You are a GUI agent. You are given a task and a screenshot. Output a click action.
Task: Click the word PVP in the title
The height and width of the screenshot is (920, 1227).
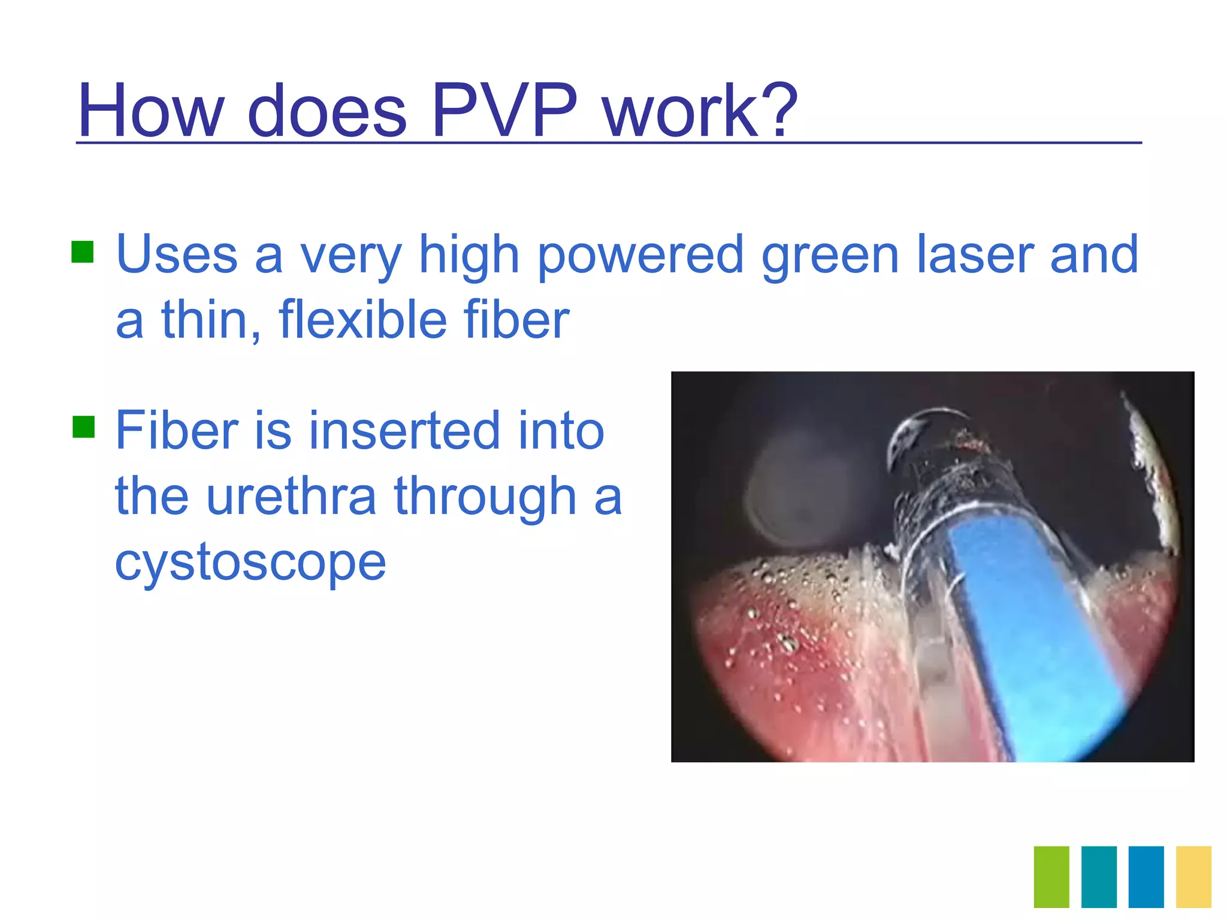tap(504, 111)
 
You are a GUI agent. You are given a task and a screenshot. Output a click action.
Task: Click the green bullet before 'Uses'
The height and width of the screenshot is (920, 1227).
tap(83, 252)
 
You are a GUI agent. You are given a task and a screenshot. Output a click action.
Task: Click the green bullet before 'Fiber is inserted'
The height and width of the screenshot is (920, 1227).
tap(83, 427)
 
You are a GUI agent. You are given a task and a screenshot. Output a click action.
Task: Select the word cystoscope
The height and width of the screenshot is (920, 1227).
tap(250, 563)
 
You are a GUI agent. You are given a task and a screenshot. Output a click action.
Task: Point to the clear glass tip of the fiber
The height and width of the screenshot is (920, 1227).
tap(935, 455)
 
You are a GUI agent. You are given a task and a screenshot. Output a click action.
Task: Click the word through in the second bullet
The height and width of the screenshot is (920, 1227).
tap(485, 497)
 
